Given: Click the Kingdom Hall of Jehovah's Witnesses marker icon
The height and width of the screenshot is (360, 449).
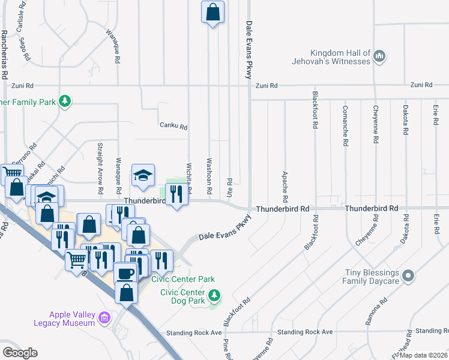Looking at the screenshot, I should tap(379, 56).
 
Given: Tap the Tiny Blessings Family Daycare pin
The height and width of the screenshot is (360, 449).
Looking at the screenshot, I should tap(408, 276).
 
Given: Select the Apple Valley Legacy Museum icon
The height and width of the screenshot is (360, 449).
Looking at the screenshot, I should tap(105, 316).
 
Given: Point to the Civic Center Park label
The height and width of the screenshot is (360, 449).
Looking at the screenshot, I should tap(182, 279).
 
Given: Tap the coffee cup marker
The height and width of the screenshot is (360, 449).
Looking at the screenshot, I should tap(125, 273).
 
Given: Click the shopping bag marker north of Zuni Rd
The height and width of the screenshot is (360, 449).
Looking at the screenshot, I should tap(213, 11).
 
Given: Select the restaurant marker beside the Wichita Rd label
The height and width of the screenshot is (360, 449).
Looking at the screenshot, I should tap(176, 194).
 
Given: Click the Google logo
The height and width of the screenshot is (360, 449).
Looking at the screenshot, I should tap(20, 353).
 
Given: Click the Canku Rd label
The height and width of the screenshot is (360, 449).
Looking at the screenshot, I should tap(173, 127).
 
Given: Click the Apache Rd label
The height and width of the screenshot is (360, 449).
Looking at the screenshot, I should tap(285, 186).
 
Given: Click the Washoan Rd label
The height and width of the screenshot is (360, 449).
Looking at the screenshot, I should tap(209, 176).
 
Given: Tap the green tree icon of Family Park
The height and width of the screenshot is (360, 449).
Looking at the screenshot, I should tap(65, 101).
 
